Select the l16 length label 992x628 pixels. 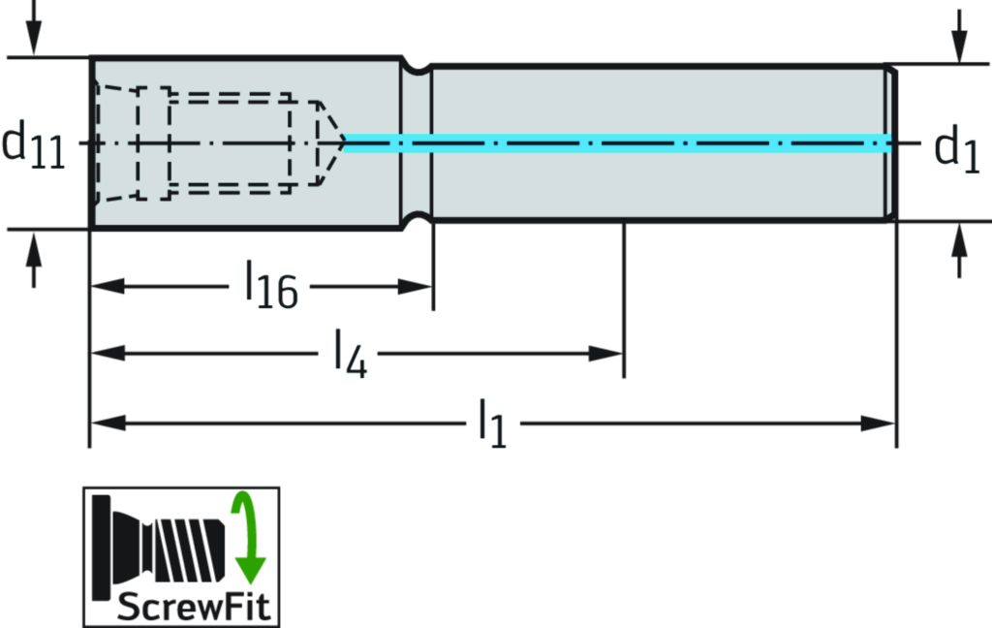[x=268, y=284]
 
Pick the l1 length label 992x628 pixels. [x=492, y=424]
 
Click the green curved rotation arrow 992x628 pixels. [x=247, y=538]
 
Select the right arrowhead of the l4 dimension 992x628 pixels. [x=606, y=354]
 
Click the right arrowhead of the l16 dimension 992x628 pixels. [x=417, y=287]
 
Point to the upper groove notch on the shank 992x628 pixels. [x=418, y=67]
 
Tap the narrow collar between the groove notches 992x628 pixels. [x=417, y=143]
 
